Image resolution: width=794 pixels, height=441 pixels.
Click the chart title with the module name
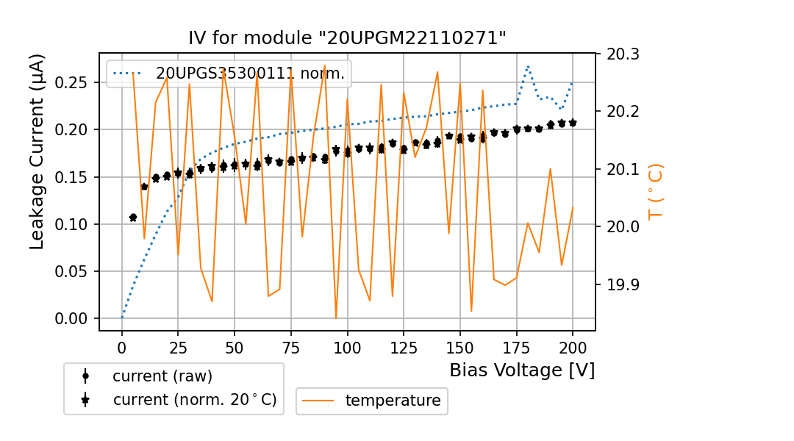tap(347, 38)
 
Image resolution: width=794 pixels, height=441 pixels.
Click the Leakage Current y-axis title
tap(37, 151)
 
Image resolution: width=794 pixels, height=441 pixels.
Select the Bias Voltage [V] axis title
tap(522, 370)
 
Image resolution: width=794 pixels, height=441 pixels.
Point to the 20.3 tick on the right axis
tap(622, 54)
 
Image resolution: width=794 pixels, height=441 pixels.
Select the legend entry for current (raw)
tap(162, 376)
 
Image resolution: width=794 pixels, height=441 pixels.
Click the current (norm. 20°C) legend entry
tap(194, 400)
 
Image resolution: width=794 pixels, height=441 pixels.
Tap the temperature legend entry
tap(393, 401)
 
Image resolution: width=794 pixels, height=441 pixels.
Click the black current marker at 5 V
tap(133, 218)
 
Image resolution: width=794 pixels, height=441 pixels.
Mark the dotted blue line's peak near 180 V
tap(528, 66)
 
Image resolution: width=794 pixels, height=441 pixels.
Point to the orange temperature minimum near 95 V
tap(336, 318)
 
